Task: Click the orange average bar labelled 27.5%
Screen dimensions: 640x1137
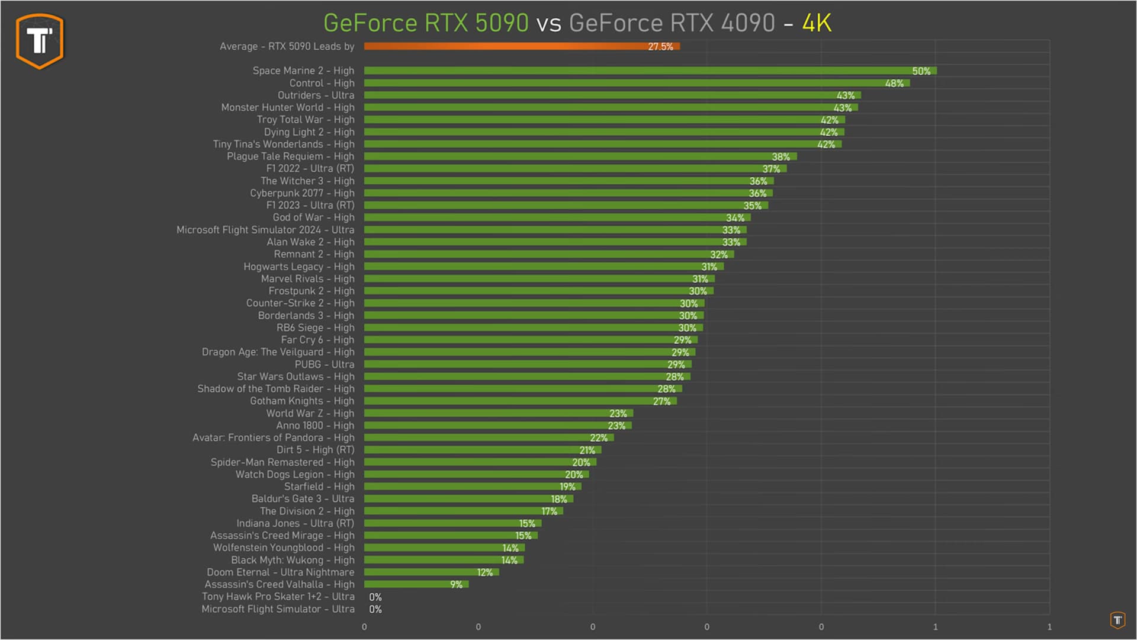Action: [x=521, y=46]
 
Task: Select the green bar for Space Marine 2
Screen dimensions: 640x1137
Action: [x=650, y=71]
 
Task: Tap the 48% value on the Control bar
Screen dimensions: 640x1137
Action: [x=894, y=84]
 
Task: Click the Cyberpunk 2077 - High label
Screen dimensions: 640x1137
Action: [x=302, y=193]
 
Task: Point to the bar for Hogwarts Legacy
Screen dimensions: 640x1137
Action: [x=543, y=267]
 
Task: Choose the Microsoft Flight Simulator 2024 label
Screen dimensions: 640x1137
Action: [x=265, y=230]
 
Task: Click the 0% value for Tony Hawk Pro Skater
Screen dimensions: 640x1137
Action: [x=375, y=597]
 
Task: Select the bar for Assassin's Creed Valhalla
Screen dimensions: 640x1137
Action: [x=416, y=584]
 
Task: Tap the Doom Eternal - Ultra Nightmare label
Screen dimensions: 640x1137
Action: [x=280, y=572]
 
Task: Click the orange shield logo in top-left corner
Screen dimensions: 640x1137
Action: [x=40, y=41]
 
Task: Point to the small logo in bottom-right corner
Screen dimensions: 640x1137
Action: [x=1117, y=620]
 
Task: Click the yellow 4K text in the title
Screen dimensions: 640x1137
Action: [x=817, y=23]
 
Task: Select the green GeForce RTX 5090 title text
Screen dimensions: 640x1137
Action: [x=426, y=23]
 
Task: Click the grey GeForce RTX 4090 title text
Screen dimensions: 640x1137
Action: [x=672, y=23]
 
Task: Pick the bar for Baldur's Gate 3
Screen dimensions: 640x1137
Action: [x=468, y=499]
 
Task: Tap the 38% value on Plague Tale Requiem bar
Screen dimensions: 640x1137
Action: [x=781, y=157]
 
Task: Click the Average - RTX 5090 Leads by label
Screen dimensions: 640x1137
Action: [x=287, y=46]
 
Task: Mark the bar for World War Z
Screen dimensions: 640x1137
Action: [x=498, y=414]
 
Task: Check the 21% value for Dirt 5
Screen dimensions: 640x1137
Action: [x=587, y=450]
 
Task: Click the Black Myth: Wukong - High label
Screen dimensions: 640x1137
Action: [x=293, y=560]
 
